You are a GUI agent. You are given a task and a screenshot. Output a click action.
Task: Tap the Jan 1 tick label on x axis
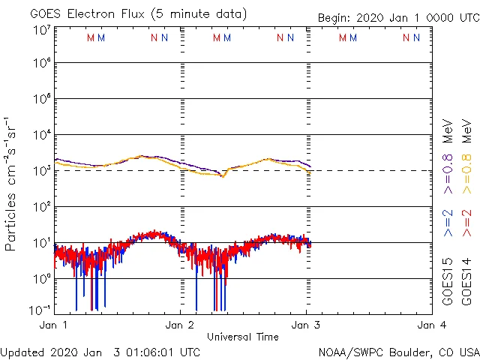(54, 325)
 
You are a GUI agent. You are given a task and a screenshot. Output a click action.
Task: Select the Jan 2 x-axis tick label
(180, 325)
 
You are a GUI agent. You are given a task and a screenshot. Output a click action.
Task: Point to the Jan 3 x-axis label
(305, 325)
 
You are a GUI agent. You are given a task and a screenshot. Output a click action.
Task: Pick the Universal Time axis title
(242, 337)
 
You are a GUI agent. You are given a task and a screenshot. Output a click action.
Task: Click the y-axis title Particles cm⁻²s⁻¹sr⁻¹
(13, 183)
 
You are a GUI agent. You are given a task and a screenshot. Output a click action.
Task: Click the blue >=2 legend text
(448, 223)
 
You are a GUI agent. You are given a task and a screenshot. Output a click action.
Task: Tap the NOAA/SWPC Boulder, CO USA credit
(398, 352)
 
